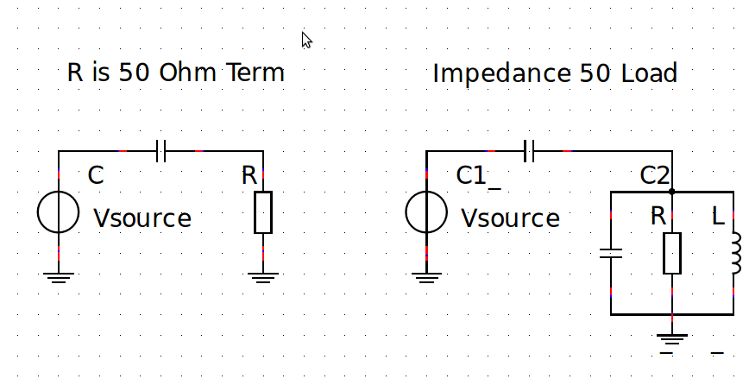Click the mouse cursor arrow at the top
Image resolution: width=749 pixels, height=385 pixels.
(306, 40)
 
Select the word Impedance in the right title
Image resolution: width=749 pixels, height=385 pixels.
(493, 74)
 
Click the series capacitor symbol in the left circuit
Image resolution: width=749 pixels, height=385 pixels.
(160, 151)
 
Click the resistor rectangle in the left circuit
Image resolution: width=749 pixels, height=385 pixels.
(263, 212)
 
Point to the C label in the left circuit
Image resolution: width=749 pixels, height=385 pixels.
(96, 176)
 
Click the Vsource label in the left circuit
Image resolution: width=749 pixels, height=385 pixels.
(142, 218)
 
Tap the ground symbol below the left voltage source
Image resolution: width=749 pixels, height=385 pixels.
(59, 276)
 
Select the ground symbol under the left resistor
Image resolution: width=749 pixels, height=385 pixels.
(263, 276)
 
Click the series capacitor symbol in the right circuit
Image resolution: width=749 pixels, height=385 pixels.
(530, 151)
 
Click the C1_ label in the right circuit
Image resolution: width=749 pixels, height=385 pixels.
(478, 177)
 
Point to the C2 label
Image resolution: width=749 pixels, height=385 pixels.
(655, 176)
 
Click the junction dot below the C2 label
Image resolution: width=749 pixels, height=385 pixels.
(671, 192)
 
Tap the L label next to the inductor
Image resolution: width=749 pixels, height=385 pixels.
(718, 217)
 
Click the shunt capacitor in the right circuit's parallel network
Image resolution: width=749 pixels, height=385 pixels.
(611, 254)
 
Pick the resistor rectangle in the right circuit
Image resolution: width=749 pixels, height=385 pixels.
(672, 253)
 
